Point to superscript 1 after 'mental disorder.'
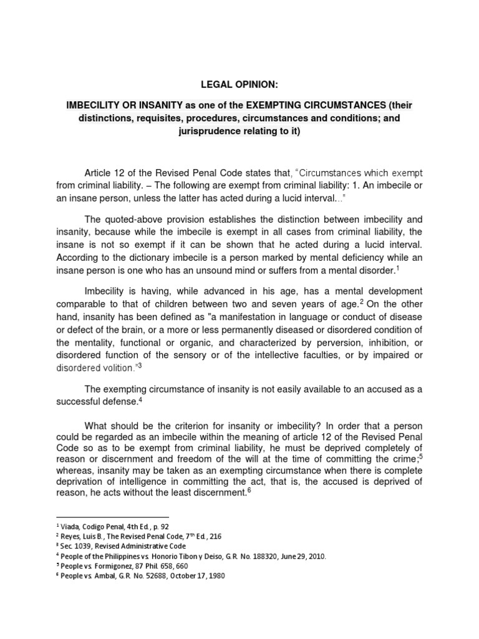(398, 267)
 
